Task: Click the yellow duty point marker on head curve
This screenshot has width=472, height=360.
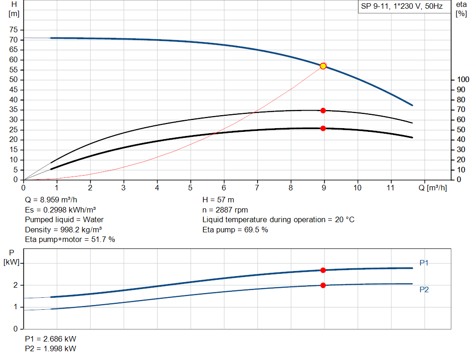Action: pyautogui.click(x=323, y=66)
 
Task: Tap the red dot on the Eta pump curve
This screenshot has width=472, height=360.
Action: pyautogui.click(x=323, y=111)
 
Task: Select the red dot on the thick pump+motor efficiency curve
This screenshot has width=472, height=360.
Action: pyautogui.click(x=323, y=128)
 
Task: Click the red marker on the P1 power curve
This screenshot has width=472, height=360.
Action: pyautogui.click(x=323, y=270)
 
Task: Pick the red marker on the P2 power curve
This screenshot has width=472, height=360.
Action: pyautogui.click(x=323, y=285)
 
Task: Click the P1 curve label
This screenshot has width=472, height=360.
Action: pyautogui.click(x=424, y=263)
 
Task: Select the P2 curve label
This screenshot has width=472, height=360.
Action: pyautogui.click(x=424, y=289)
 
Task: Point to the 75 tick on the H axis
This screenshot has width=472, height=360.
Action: pyautogui.click(x=13, y=30)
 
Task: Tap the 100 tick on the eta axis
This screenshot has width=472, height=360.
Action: pyautogui.click(x=462, y=80)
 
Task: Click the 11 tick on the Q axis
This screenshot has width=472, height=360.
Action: pyautogui.click(x=391, y=188)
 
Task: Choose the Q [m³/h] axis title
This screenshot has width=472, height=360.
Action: pyautogui.click(x=433, y=188)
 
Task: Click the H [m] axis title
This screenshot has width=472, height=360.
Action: pyautogui.click(x=14, y=9)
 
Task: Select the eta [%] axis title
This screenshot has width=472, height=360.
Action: pyautogui.click(x=461, y=9)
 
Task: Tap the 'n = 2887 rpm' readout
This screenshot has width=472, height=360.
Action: pyautogui.click(x=225, y=210)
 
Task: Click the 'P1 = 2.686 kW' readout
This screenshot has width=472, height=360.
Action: pyautogui.click(x=51, y=339)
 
